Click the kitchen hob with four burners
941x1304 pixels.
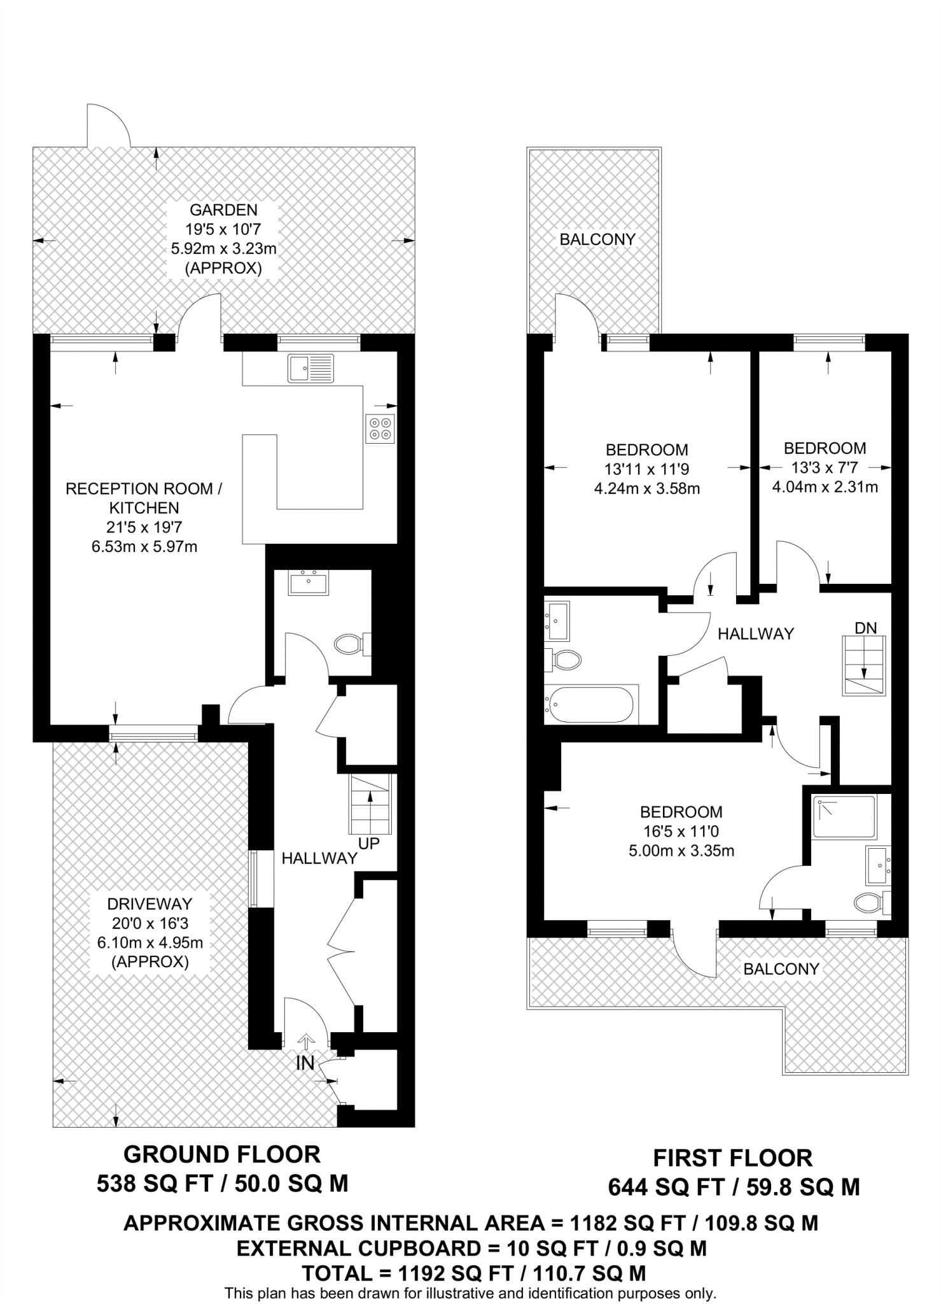(380, 429)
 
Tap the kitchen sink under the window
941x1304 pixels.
(310, 369)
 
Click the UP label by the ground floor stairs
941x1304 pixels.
(369, 844)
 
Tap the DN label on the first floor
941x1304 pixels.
(865, 628)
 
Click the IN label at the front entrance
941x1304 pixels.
(305, 1063)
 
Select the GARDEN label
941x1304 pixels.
(224, 210)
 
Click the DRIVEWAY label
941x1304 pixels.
(150, 904)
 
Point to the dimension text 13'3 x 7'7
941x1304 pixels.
(825, 468)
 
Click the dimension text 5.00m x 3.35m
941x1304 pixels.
(681, 851)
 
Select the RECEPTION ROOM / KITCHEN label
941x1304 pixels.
(144, 498)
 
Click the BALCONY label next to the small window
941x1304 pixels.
(781, 969)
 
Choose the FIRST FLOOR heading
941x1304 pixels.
(733, 1158)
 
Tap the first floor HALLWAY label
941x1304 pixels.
(756, 634)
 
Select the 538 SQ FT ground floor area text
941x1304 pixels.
(162, 1184)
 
